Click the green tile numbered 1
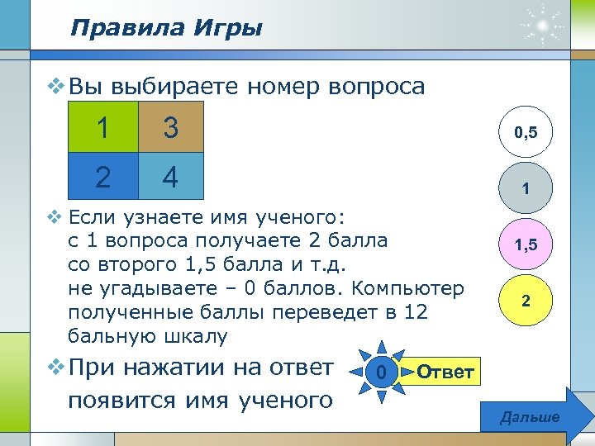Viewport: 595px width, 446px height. coord(103,128)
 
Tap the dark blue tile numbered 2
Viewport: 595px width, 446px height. coord(103,177)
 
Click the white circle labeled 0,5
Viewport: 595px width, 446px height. coord(525,131)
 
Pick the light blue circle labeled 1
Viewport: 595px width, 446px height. coord(525,188)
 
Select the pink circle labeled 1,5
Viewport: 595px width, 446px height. coord(525,245)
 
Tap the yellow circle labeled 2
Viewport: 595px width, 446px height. coord(525,302)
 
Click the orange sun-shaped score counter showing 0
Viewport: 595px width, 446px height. coord(379,373)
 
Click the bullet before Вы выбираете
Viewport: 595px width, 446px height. coord(55,85)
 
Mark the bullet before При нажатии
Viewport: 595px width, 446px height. coord(55,367)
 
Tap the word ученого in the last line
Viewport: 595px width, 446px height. coord(284,401)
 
